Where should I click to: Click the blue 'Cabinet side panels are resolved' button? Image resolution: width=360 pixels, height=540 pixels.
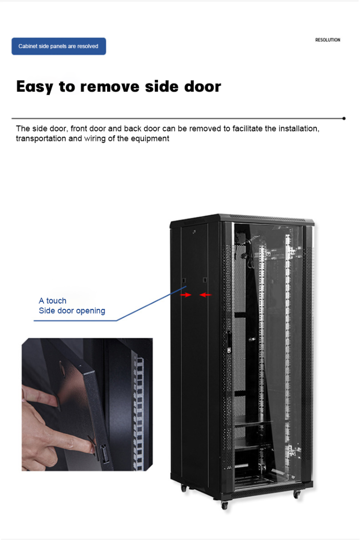click(59, 46)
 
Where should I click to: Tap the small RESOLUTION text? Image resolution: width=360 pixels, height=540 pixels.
click(327, 40)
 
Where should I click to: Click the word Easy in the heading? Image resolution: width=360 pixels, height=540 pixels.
click(35, 87)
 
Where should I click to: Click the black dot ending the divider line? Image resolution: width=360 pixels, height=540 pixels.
click(344, 118)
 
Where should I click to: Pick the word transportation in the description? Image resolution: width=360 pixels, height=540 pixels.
click(43, 139)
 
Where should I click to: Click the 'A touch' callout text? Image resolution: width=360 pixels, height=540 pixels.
click(52, 301)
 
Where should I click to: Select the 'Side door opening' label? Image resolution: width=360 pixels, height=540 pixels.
click(72, 311)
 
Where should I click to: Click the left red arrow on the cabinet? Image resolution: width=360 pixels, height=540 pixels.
click(186, 295)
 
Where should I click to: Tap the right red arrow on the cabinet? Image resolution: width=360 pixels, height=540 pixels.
click(205, 295)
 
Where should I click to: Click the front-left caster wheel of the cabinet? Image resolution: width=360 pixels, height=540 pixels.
click(224, 505)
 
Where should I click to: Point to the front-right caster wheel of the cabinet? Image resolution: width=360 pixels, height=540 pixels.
click(297, 494)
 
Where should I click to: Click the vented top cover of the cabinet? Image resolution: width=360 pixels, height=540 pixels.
click(269, 219)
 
